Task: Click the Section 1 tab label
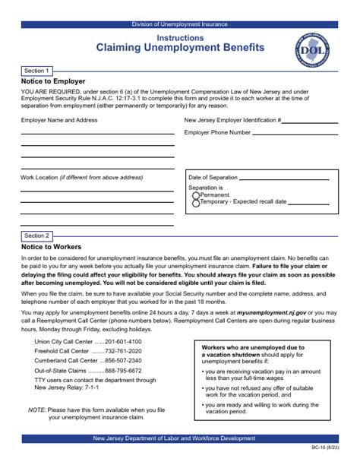click(x=38, y=69)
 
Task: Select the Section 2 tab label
click(x=38, y=236)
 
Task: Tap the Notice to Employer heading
click(x=53, y=81)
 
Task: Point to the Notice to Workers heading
click(x=52, y=247)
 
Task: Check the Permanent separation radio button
click(x=196, y=195)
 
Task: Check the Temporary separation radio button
click(x=196, y=203)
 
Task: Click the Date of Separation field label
click(x=213, y=177)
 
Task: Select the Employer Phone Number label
click(x=217, y=132)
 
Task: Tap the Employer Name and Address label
click(x=59, y=120)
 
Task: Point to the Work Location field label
click(x=81, y=177)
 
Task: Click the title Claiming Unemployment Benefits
click(x=180, y=47)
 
